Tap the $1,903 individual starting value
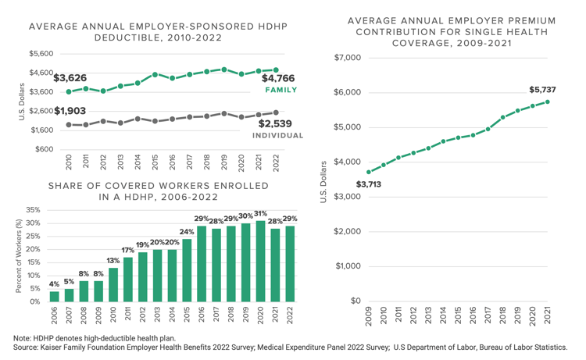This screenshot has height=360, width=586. [x=70, y=111]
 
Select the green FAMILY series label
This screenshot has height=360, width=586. [x=280, y=91]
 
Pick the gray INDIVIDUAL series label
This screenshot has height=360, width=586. [x=277, y=136]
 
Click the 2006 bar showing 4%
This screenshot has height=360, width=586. [x=55, y=296]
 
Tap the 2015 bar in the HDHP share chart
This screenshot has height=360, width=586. [x=188, y=270]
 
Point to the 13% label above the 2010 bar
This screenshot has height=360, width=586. [x=113, y=261]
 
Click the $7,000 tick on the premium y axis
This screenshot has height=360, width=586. [x=348, y=58]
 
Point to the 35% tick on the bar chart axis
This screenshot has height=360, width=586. [x=34, y=210]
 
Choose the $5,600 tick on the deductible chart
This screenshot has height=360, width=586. [x=41, y=54]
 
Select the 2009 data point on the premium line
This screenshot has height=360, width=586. [x=369, y=172]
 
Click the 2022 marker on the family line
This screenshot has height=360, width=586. [x=276, y=70]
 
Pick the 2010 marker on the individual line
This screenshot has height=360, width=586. [x=69, y=124]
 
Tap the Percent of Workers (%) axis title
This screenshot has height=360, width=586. [x=19, y=257]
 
